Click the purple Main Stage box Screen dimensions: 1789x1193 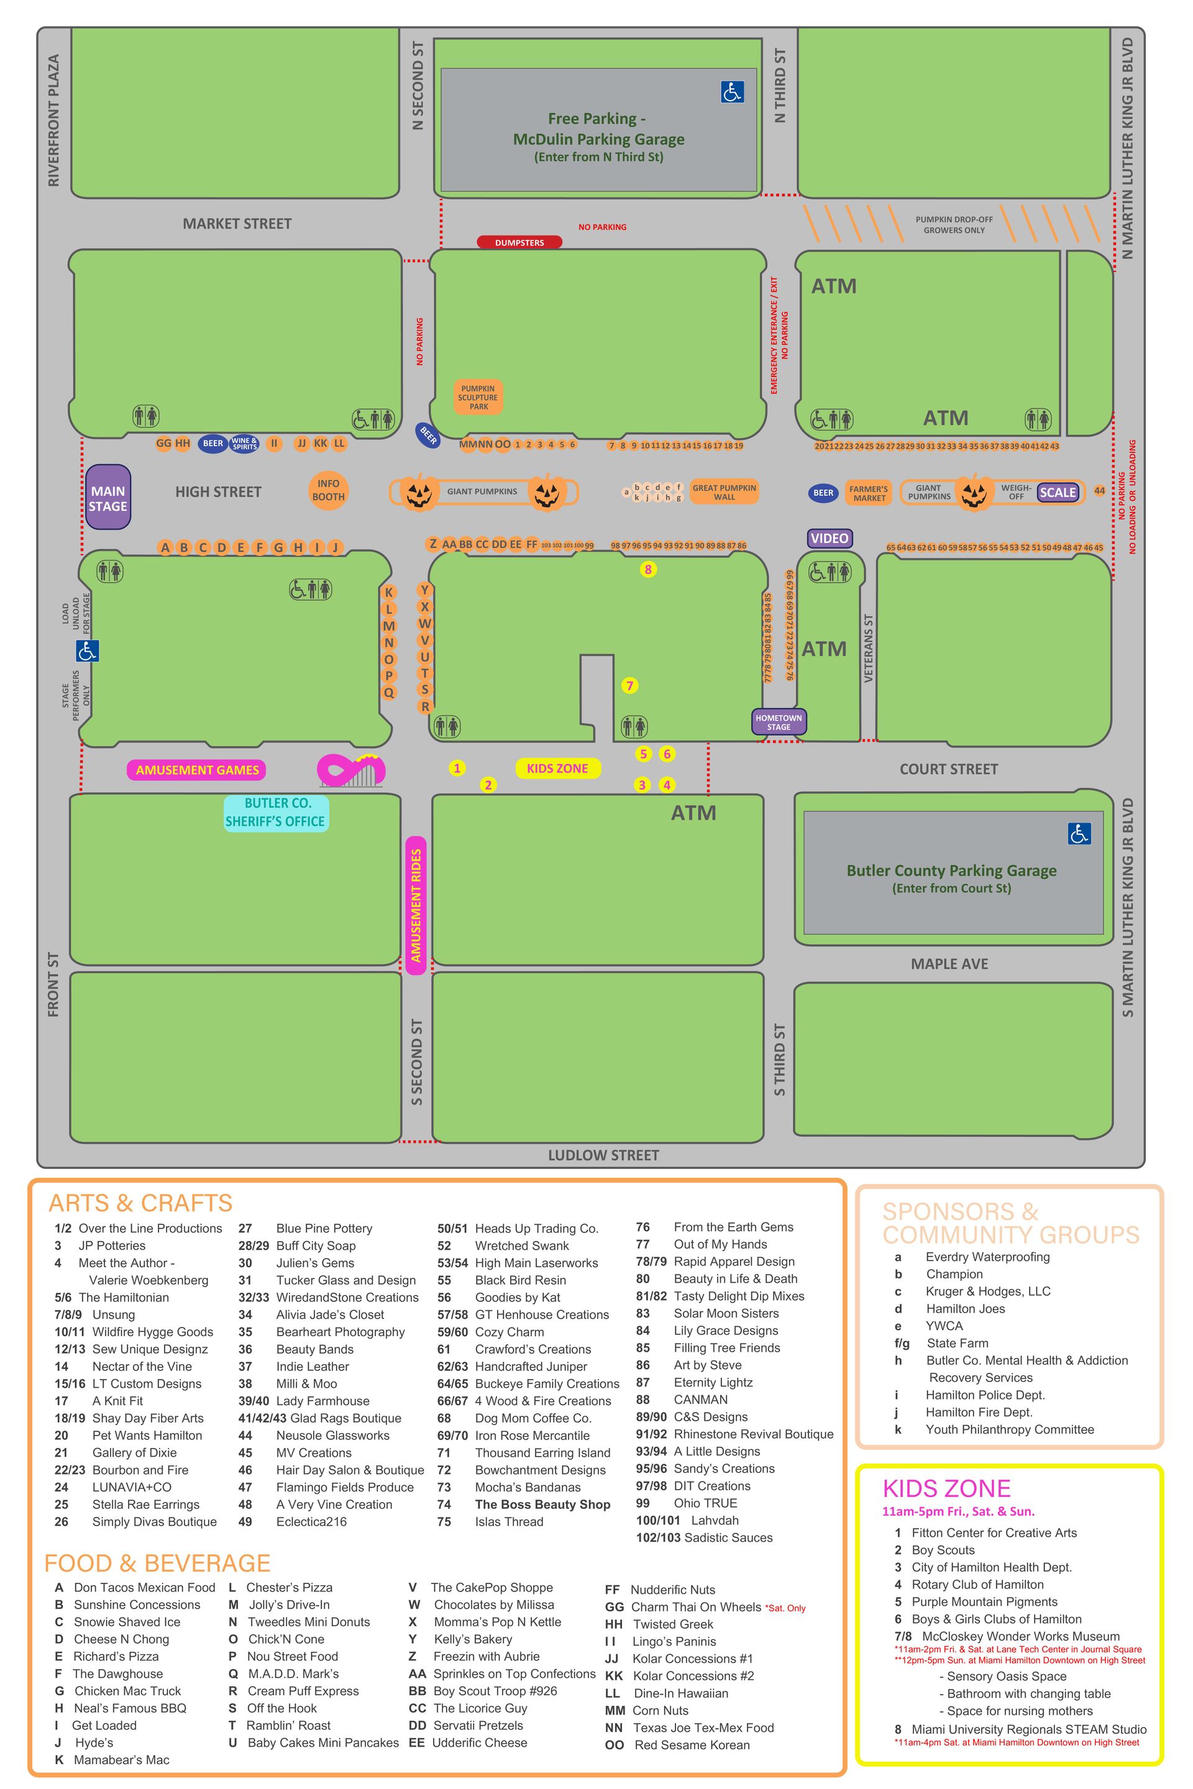tap(108, 498)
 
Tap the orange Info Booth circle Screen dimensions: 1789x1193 tap(328, 491)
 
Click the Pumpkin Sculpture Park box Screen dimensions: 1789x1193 tap(478, 396)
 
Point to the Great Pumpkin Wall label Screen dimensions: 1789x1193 tap(723, 492)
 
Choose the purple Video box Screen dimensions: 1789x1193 tap(830, 539)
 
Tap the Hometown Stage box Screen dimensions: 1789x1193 tap(779, 722)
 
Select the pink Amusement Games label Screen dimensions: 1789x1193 tap(197, 770)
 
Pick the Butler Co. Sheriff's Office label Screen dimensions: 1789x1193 tap(275, 813)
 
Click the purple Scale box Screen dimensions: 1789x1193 tap(1058, 492)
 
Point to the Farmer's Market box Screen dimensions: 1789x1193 tap(868, 494)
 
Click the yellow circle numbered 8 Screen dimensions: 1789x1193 tap(648, 569)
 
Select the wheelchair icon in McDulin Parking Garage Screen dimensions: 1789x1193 tap(732, 92)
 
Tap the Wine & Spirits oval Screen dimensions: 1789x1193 tap(244, 444)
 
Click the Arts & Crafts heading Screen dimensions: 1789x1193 tap(140, 1203)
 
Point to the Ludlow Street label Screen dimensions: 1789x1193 tap(603, 1155)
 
